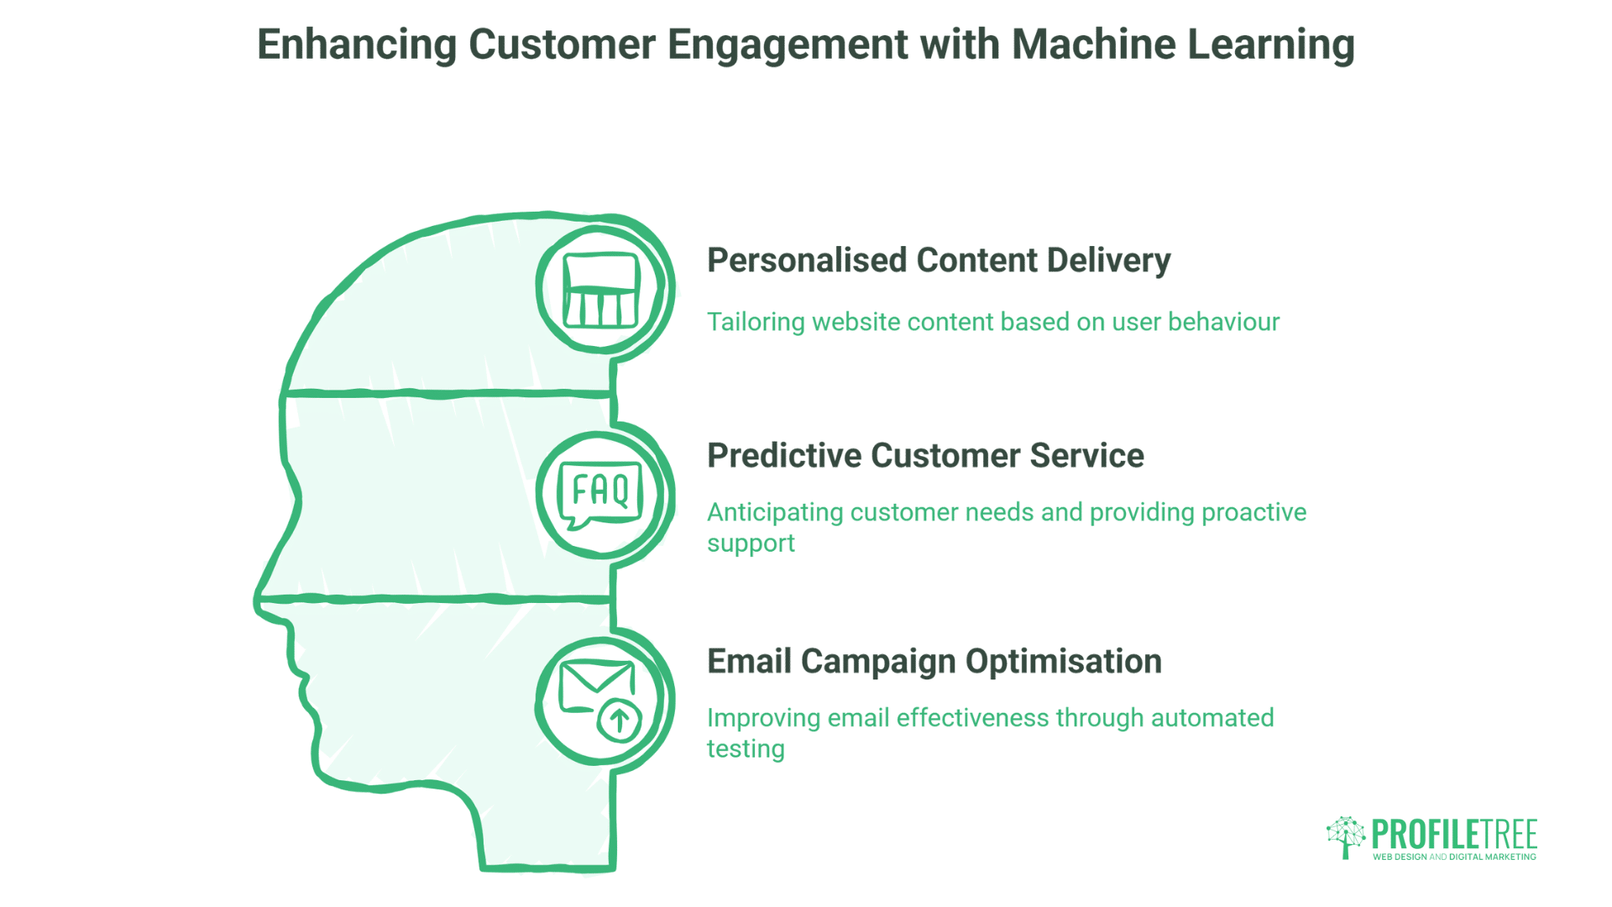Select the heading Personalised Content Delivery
tap(939, 260)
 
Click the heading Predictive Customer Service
tap(925, 456)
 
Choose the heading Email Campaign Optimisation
tap(934, 662)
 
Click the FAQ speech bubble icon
tap(600, 493)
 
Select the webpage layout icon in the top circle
tap(601, 291)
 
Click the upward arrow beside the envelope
tap(620, 721)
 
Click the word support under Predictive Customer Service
tap(751, 544)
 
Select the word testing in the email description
tap(746, 749)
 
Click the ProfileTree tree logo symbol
tap(1346, 836)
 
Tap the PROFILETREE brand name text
tap(1454, 835)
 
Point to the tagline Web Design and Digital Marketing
tap(1454, 857)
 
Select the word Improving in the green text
tap(763, 718)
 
